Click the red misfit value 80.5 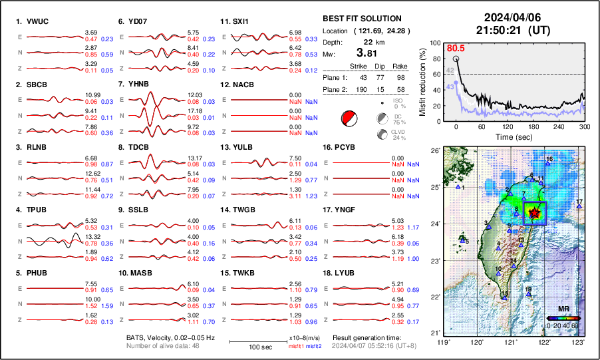pos(456,49)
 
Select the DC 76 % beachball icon pos(382,119)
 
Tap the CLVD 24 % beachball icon pos(382,134)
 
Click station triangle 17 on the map pos(579,207)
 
